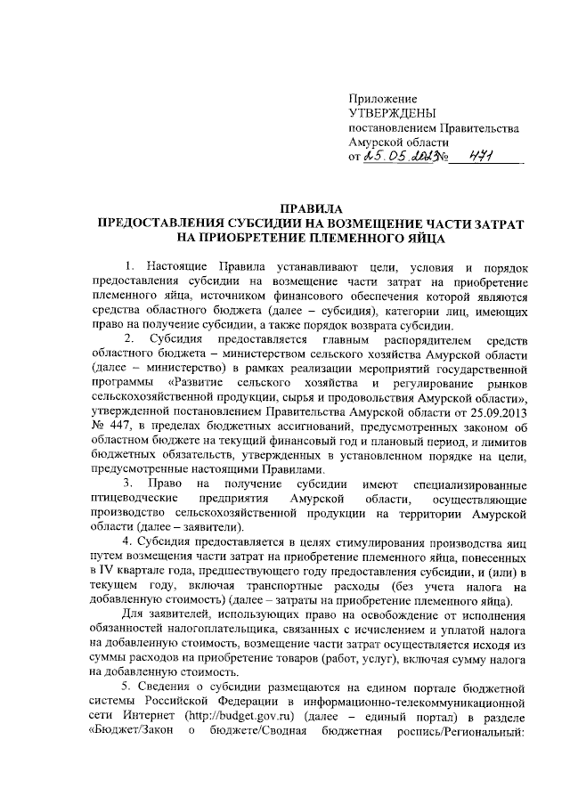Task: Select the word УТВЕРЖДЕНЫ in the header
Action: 390,113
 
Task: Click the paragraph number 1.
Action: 130,266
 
